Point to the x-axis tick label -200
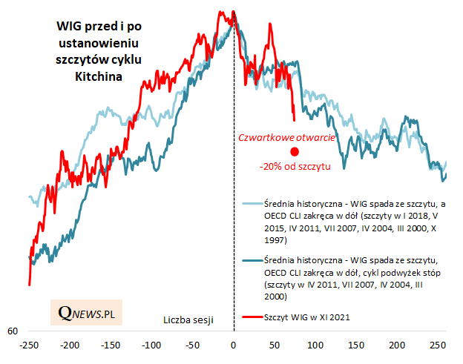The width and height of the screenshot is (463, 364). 70,346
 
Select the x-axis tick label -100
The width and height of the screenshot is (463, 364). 151,346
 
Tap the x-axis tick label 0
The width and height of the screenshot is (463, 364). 234,346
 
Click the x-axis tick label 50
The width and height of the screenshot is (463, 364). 275,346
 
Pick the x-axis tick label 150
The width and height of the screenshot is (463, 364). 356,346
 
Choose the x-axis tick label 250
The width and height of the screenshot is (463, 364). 438,346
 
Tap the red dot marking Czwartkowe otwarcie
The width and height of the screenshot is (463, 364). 295,151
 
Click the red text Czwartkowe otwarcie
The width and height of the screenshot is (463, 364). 285,137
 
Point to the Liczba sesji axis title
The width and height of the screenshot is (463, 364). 188,320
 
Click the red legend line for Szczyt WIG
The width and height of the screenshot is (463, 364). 252,317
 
